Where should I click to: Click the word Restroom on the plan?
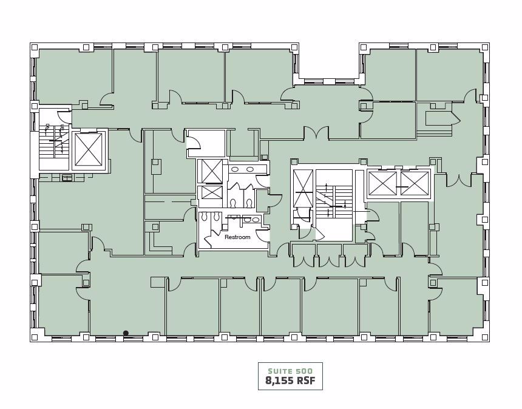point(237,237)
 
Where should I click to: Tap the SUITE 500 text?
point(290,371)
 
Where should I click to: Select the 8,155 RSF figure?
point(290,382)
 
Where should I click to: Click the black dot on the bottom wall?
point(126,333)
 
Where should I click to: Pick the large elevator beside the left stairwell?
point(89,149)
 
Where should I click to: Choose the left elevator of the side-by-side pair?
point(382,183)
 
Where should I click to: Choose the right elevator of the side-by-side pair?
point(415,183)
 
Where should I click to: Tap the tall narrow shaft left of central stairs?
point(303,189)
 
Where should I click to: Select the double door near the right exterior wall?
point(459,180)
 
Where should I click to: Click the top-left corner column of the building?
point(34,47)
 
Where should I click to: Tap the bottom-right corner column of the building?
point(485,337)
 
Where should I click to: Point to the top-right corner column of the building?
point(485,47)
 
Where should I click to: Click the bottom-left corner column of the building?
point(34,337)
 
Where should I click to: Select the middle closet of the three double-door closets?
point(329,255)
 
